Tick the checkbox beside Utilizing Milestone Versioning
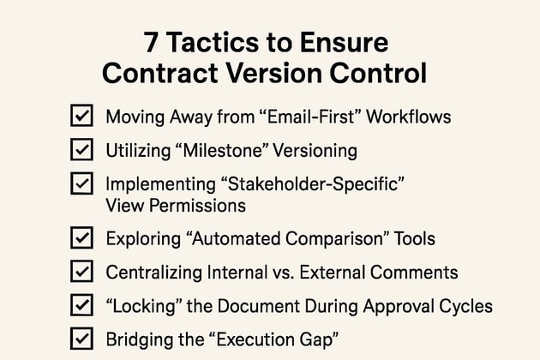[x=80, y=150]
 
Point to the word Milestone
[x=225, y=150]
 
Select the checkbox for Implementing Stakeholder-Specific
[x=80, y=183]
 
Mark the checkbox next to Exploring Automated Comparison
[x=80, y=238]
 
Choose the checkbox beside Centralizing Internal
[x=80, y=272]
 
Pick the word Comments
[x=417, y=273]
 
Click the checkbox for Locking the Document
[x=80, y=304]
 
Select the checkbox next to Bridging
[x=80, y=338]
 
